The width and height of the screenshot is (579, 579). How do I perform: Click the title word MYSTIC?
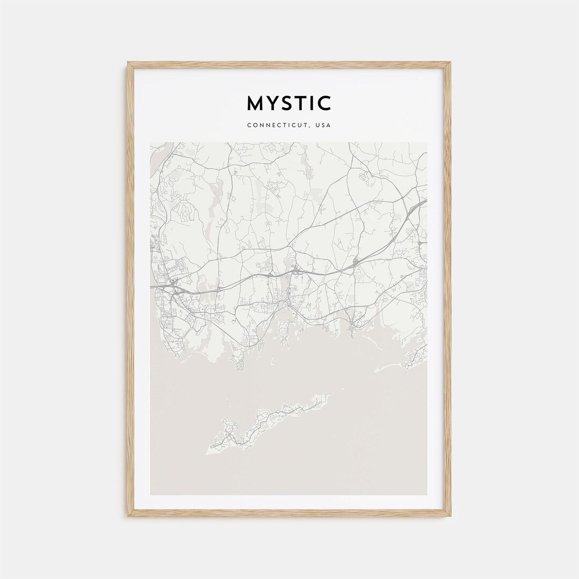[x=289, y=103]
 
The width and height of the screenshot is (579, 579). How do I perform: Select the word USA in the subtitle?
[x=323, y=125]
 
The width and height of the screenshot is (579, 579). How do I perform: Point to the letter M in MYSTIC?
[x=254, y=103]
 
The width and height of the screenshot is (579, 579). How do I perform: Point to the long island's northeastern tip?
[x=332, y=394]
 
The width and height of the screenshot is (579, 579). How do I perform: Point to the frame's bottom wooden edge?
[x=289, y=513]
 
